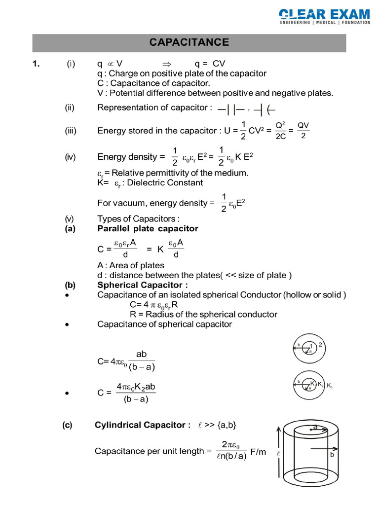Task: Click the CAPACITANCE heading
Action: click(x=189, y=42)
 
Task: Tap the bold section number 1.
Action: click(x=36, y=64)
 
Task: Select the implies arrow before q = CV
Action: click(x=166, y=64)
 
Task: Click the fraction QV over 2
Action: click(x=303, y=130)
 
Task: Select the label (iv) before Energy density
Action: click(x=71, y=157)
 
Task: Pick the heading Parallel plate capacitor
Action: click(x=148, y=228)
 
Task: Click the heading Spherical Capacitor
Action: click(x=143, y=285)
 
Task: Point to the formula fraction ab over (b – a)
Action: click(x=134, y=361)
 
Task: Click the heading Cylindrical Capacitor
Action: click(x=140, y=425)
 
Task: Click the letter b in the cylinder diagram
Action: click(x=332, y=456)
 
